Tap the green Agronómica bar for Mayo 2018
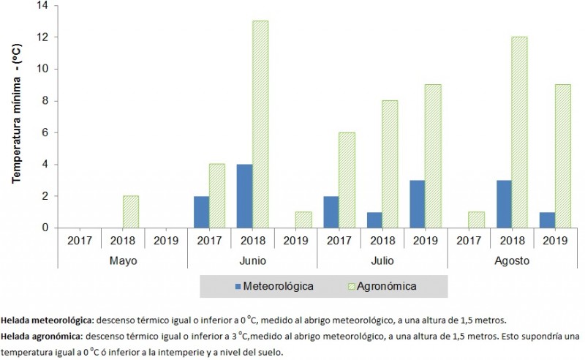[x=132, y=211]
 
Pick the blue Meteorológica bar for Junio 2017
[x=200, y=211]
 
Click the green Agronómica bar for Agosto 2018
[x=518, y=132]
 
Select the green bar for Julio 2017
[x=347, y=180]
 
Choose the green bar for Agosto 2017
[x=475, y=220]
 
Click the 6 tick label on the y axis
[x=45, y=132]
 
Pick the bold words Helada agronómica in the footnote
[x=39, y=337]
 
